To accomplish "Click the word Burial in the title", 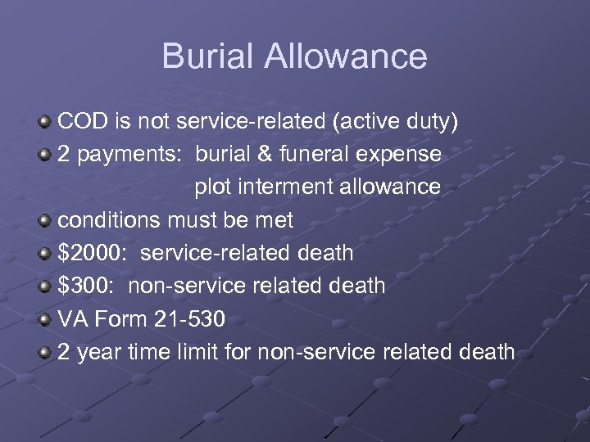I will [209, 56].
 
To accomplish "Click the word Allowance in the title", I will [346, 56].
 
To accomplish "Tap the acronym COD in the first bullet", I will [83, 122].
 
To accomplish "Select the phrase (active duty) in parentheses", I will [395, 123].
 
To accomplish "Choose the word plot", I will [211, 187].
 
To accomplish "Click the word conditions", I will [109, 220].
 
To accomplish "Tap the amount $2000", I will [91, 253].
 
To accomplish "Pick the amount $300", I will [85, 286].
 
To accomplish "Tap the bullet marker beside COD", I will [44, 123].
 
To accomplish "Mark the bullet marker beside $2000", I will [44, 254].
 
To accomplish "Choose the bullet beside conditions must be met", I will [44, 221].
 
